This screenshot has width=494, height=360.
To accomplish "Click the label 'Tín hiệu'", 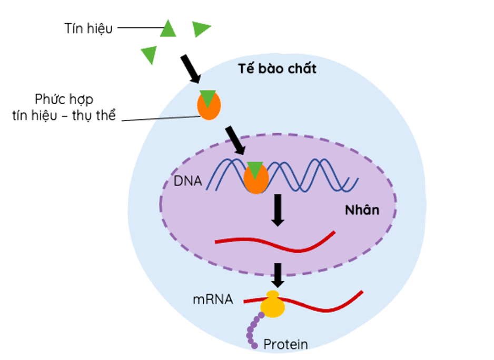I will click(88, 28).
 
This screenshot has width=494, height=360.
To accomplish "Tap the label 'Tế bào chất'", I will click(278, 68).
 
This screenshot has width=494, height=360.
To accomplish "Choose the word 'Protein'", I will click(285, 345).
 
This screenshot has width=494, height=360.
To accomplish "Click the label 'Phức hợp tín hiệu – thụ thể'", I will click(64, 107).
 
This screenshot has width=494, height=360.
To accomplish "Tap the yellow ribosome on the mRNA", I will click(273, 305).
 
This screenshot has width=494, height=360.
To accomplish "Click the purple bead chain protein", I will click(253, 331).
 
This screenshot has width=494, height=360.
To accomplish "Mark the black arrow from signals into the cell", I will click(190, 68).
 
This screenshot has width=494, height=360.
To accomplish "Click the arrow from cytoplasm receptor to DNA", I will click(235, 140).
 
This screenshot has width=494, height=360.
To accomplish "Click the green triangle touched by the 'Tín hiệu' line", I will click(168, 29).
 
